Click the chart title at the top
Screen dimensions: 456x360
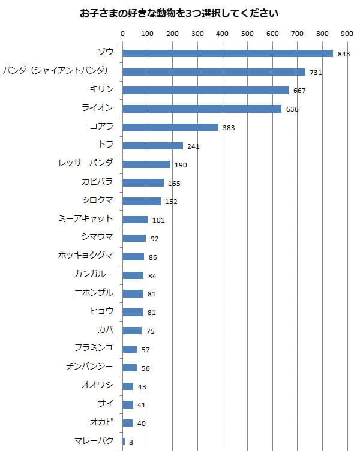click(179, 13)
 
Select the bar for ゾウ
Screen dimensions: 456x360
click(227, 53)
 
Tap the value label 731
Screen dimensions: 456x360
click(316, 72)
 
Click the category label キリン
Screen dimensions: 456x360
click(101, 90)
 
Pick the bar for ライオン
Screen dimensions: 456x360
click(202, 109)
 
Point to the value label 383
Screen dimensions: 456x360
click(229, 128)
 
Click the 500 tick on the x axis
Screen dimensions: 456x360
click(247, 34)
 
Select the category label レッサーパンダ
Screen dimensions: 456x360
click(86, 164)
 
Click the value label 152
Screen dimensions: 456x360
click(171, 202)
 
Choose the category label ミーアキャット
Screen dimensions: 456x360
click(86, 219)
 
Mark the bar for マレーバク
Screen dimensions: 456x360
click(124, 442)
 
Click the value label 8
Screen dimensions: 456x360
click(131, 442)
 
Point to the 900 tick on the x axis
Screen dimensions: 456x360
click(347, 34)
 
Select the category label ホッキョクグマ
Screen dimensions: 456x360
click(85, 256)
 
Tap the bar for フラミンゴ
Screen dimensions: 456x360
click(130, 349)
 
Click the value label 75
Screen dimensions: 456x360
click(149, 331)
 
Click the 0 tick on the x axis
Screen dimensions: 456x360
click(123, 34)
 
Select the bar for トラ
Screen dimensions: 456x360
click(152, 146)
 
